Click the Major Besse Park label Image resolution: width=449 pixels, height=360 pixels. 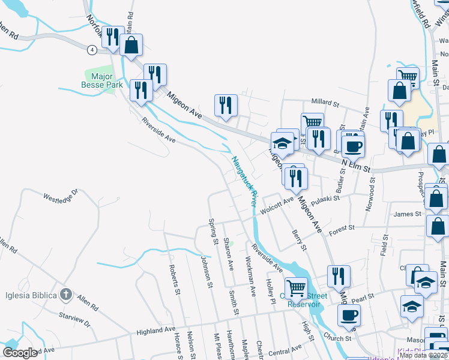tap(102, 80)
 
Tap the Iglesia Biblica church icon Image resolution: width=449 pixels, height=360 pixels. tap(66, 295)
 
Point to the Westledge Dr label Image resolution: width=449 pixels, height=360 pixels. tap(61, 196)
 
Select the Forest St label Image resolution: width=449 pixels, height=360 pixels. tap(342, 229)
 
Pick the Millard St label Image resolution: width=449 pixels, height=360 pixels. tap(325, 101)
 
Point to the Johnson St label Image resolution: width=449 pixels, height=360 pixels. tap(207, 268)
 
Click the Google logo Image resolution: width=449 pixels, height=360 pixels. tap(20, 353)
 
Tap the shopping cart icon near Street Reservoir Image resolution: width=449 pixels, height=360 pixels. tap(296, 289)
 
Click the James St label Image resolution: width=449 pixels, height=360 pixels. tap(407, 214)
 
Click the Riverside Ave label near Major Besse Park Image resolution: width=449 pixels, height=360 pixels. tap(158, 129)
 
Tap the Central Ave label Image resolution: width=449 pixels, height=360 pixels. tap(285, 350)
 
